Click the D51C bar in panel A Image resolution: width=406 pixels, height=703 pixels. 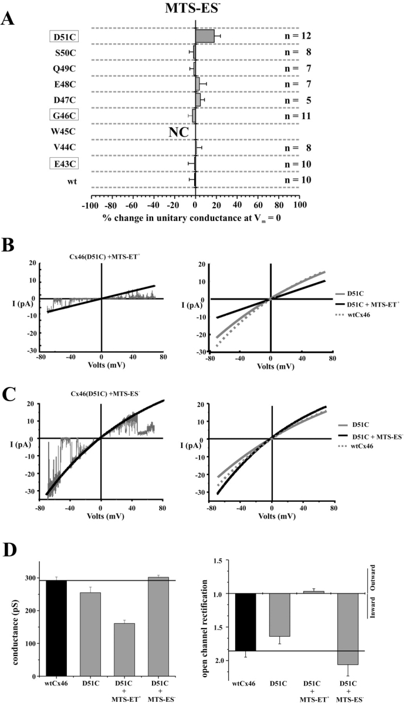pos(205,36)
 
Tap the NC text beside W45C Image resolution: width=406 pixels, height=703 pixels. pos(178,133)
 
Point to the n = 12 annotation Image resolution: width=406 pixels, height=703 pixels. pos(294,37)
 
